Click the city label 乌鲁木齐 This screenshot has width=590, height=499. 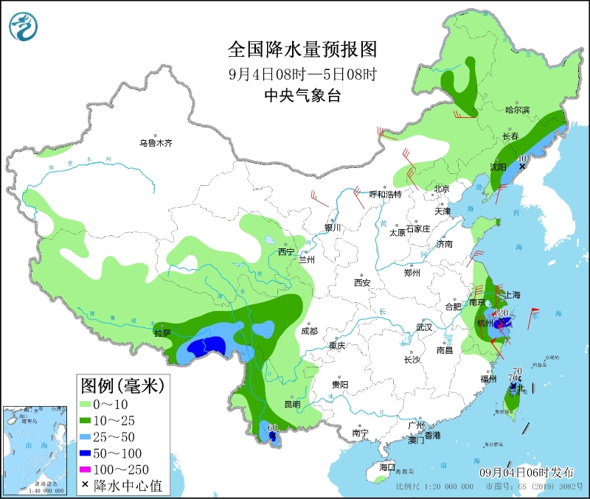pyautogui.click(x=156, y=143)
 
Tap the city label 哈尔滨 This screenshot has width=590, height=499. pyautogui.click(x=518, y=110)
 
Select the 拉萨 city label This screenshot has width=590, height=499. pyautogui.click(x=162, y=332)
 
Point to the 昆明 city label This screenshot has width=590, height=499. pyautogui.click(x=292, y=404)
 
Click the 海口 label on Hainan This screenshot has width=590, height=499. pyautogui.click(x=387, y=467)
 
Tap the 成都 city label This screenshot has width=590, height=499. pyautogui.click(x=308, y=331)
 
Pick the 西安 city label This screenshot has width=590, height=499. pyautogui.click(x=361, y=282)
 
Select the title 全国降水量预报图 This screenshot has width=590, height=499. pyautogui.click(x=302, y=49)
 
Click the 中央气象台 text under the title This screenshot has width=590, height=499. pyautogui.click(x=302, y=96)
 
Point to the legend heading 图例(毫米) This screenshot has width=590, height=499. pyautogui.click(x=122, y=384)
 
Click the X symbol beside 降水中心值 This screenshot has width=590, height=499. pyautogui.click(x=86, y=486)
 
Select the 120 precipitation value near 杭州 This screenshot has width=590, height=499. pyautogui.click(x=502, y=313)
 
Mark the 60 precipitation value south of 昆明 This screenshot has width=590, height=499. pyautogui.click(x=272, y=428)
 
